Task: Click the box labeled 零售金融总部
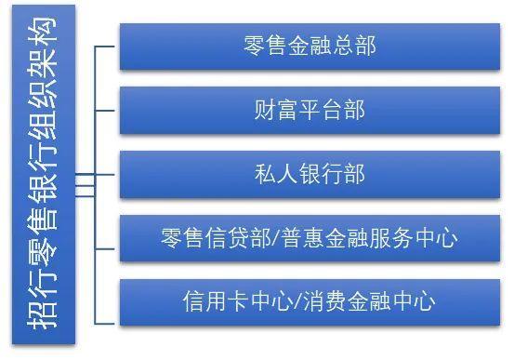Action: click(x=309, y=45)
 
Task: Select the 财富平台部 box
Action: click(x=309, y=110)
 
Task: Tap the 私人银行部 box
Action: click(x=309, y=174)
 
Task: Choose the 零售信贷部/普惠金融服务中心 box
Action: click(x=309, y=237)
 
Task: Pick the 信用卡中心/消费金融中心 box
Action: click(x=309, y=301)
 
